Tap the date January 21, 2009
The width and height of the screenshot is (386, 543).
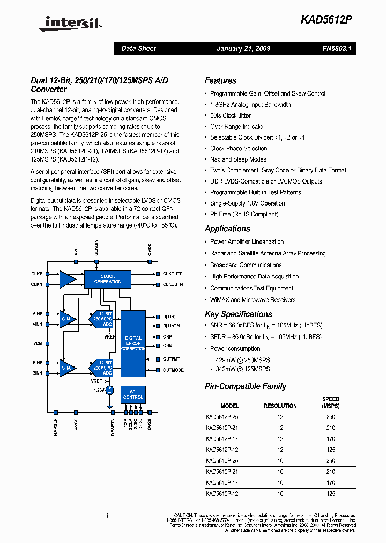tap(243, 48)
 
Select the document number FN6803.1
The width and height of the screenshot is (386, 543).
tap(336, 48)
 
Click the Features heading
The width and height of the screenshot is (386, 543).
tap(220, 80)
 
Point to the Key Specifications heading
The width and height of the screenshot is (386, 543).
tap(238, 314)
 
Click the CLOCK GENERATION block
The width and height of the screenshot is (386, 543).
tap(108, 279)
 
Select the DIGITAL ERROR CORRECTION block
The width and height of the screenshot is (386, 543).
tap(133, 343)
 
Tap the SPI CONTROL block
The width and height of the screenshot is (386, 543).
tap(133, 394)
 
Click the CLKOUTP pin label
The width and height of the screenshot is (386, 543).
tap(173, 274)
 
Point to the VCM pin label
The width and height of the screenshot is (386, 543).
tap(38, 343)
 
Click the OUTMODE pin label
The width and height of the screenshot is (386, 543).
tap(173, 370)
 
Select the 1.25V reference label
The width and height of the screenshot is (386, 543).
tap(98, 390)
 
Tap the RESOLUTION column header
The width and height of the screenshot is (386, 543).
tap(280, 406)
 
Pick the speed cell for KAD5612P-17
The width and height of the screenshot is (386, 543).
tap(330, 438)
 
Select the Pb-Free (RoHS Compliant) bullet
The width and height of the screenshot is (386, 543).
tap(244, 214)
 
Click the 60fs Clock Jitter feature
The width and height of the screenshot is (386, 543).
tap(230, 115)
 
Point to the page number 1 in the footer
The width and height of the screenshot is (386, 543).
tap(107, 516)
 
